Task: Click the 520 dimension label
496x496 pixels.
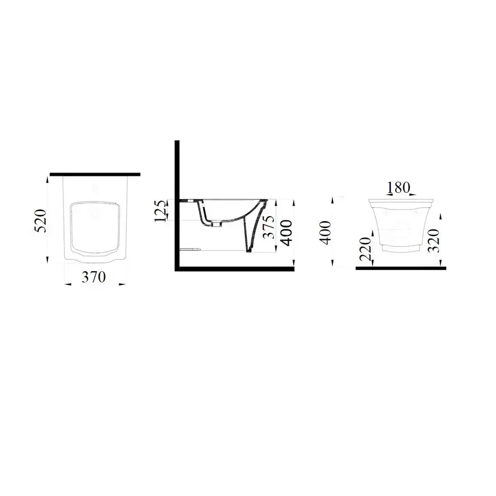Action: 41,221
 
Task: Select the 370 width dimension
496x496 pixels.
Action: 94,277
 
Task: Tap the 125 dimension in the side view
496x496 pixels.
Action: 160,211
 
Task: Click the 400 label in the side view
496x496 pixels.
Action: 287,233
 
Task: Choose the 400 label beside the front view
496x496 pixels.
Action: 326,233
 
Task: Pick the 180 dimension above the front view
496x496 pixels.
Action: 398,187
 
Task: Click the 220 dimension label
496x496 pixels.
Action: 366,249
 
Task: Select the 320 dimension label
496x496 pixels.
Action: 433,240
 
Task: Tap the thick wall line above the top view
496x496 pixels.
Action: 95,174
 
